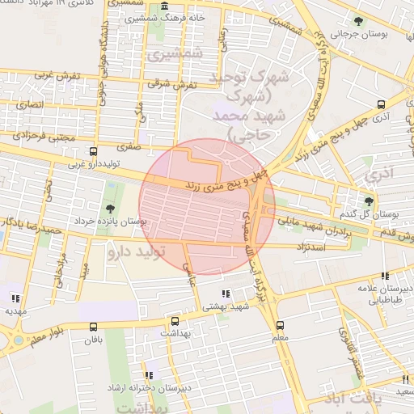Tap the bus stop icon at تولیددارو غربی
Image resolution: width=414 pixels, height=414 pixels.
pos(94,151)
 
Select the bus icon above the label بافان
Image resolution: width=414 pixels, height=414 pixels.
pos(94,327)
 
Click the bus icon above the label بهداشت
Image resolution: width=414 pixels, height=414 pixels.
pos(172,320)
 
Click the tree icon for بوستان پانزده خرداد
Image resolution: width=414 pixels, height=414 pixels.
pos(110,209)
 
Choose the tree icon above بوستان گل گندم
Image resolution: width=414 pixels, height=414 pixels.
pos(370,202)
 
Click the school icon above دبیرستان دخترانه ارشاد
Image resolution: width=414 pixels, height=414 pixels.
pos(149,375)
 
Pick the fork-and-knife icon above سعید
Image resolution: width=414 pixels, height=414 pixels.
pos(405,379)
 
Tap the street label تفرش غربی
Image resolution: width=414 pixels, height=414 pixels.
pos(60,76)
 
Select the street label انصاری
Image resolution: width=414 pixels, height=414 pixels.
pos(38,105)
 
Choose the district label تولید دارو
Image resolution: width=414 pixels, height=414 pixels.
pos(136,253)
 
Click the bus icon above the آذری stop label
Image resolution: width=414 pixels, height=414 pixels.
pos(382,105)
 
